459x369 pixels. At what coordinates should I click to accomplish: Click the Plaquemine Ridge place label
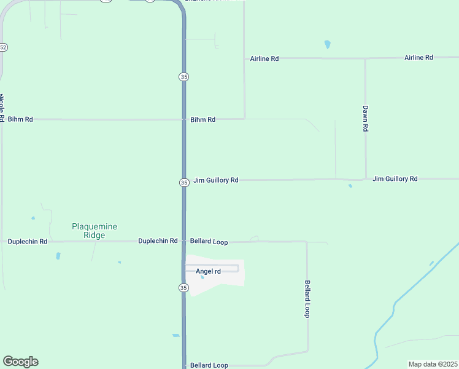coord(94,231)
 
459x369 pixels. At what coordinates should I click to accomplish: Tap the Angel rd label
coord(208,271)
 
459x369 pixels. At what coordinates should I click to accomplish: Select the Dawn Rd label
coord(365,119)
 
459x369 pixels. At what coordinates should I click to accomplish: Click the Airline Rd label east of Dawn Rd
coord(418,57)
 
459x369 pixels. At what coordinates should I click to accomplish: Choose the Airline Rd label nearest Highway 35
coord(264,58)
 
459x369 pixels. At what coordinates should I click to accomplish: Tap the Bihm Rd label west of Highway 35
coord(20,119)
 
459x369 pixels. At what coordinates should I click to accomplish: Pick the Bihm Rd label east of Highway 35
coord(202,119)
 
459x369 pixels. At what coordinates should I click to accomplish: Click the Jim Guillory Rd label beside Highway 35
coord(215,180)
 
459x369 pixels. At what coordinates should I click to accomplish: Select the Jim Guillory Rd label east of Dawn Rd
coord(395,178)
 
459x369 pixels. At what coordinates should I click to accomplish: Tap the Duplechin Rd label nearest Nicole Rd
coord(28,242)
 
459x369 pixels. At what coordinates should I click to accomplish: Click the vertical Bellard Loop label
coord(307,299)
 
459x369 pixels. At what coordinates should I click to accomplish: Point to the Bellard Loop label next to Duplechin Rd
coord(209,242)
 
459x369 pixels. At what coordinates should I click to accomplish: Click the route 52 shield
coord(3,47)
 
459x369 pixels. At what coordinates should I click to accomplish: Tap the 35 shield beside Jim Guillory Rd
coord(184,182)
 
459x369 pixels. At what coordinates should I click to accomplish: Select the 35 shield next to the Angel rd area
coord(184,288)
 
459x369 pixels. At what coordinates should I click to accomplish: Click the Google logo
coord(20,362)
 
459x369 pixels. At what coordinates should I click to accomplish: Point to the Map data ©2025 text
coord(433,364)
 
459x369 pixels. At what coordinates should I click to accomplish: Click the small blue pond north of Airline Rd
coord(327,44)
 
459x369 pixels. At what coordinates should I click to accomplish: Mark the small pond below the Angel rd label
coord(202,277)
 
